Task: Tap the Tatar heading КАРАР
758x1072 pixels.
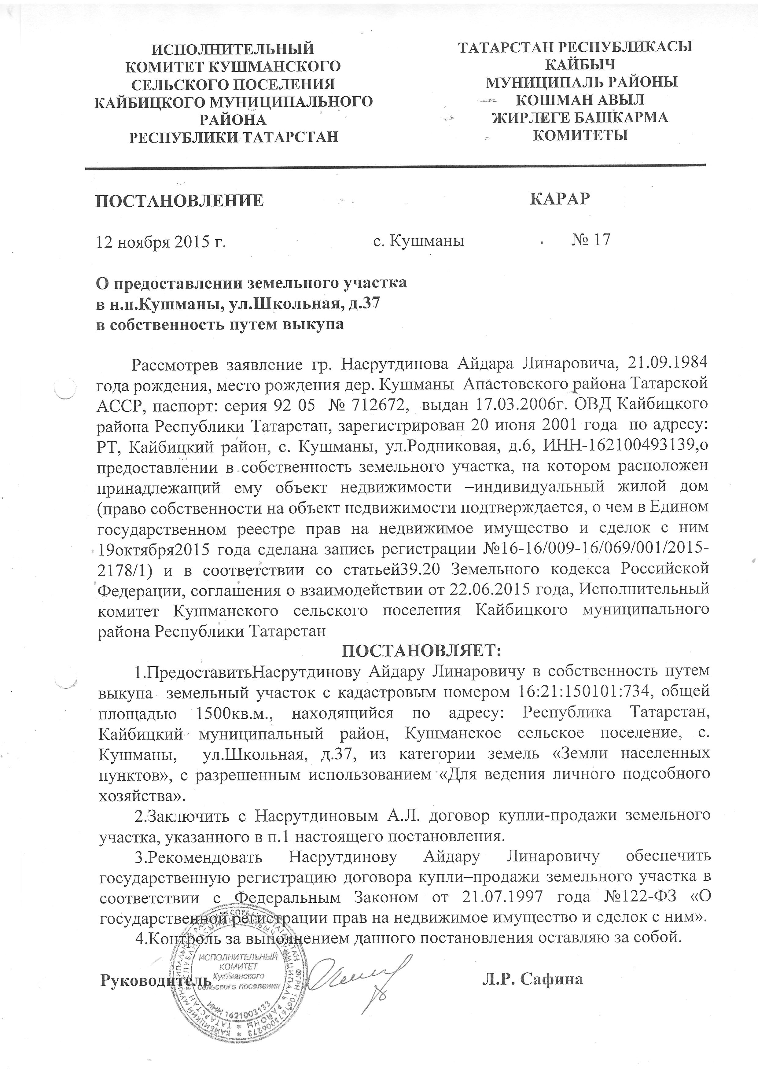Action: point(560,198)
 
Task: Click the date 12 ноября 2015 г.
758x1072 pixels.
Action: point(161,242)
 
